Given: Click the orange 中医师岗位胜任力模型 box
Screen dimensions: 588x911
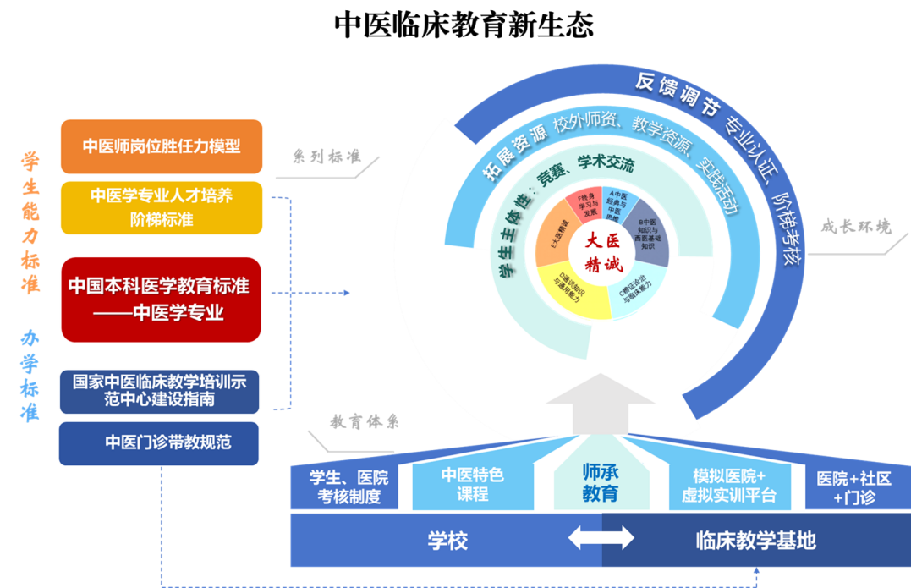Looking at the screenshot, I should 162,146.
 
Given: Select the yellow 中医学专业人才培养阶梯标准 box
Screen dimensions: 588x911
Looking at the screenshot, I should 162,207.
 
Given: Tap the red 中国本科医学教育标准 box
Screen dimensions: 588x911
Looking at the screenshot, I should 160,299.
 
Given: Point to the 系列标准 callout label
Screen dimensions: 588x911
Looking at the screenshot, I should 326,157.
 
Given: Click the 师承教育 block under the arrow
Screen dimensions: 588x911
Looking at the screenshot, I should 600,483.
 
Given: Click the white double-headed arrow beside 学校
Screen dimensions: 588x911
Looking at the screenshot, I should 601,537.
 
